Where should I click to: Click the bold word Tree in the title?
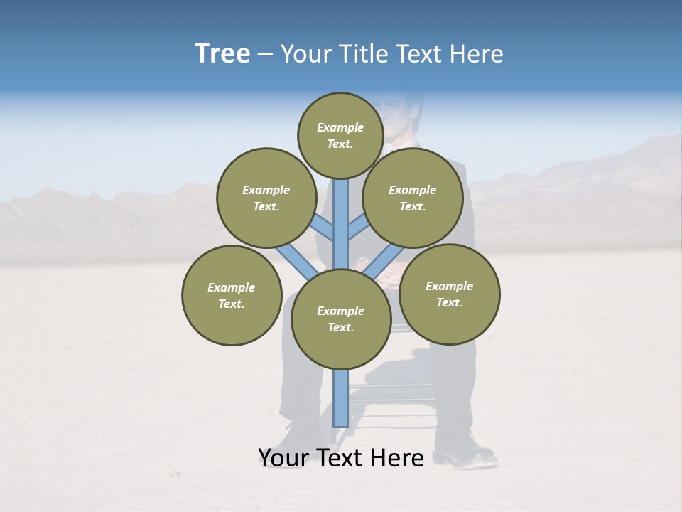(x=222, y=54)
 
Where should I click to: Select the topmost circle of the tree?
(x=340, y=135)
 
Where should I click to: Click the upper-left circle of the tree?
(x=266, y=198)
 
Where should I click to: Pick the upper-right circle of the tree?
(x=412, y=198)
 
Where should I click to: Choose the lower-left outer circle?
(x=232, y=295)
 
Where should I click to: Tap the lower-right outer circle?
(x=449, y=294)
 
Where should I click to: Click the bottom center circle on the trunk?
(x=340, y=319)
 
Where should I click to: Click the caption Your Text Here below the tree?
(x=340, y=458)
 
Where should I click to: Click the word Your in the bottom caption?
(x=283, y=458)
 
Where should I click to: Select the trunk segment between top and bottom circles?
(x=341, y=224)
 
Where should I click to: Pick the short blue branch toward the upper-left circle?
(x=323, y=228)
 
